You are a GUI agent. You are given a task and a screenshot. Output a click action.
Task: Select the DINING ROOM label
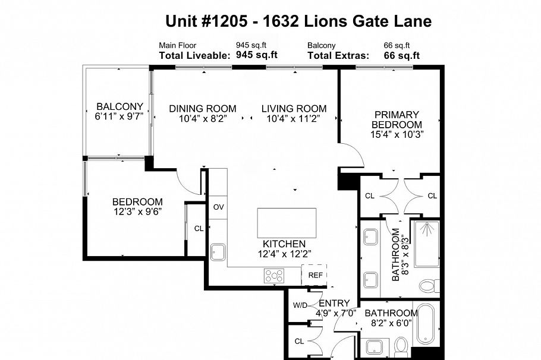tap(202, 109)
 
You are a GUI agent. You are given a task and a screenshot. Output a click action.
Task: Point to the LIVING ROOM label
tap(294, 109)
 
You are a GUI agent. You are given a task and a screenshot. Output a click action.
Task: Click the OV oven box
tap(218, 207)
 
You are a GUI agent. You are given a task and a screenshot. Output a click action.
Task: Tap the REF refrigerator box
tap(315, 275)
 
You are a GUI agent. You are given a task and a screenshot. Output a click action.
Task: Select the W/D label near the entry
tap(299, 305)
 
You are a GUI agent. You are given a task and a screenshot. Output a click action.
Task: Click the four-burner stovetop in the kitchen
tap(274, 276)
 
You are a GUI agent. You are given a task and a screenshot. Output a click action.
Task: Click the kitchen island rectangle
tap(287, 223)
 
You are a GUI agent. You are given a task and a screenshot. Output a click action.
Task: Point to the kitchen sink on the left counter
tap(218, 252)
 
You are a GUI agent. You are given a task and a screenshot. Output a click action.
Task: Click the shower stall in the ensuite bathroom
tap(426, 244)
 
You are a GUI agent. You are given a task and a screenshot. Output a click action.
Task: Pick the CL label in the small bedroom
tap(199, 228)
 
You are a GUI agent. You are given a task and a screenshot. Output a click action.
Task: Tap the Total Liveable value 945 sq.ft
tap(257, 55)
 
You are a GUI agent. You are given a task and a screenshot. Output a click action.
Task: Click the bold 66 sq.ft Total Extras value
tap(402, 55)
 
